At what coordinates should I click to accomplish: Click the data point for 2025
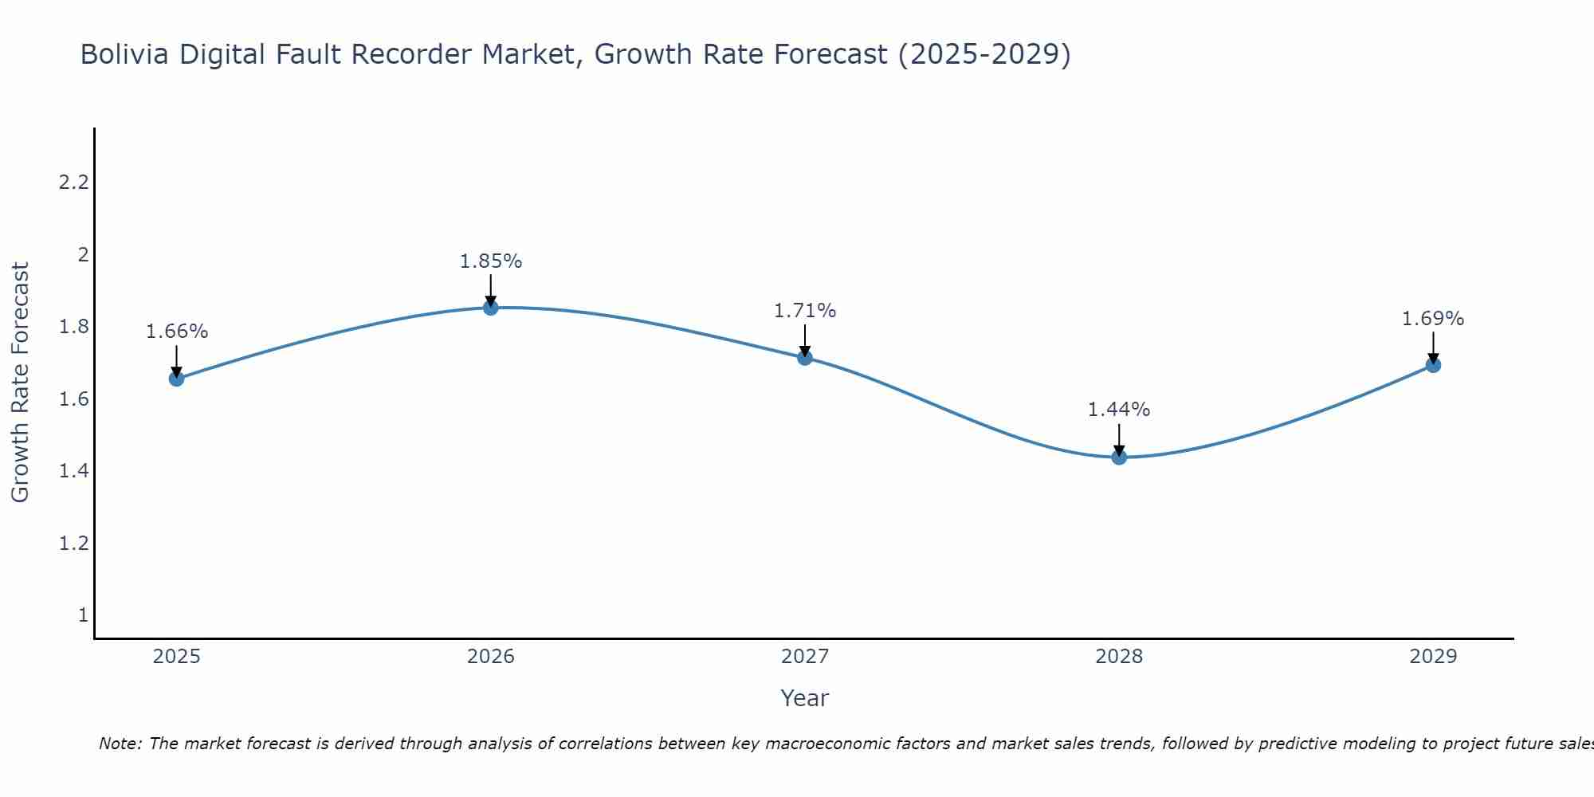(177, 379)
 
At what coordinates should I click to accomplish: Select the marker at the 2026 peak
(491, 308)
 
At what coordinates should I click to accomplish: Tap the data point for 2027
(805, 358)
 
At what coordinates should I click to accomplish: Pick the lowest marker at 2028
(1119, 457)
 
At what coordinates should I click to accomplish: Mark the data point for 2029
(1433, 365)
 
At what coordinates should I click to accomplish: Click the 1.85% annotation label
(491, 261)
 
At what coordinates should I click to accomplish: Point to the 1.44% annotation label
(1119, 410)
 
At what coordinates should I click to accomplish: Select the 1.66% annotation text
(177, 332)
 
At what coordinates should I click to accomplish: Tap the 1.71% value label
(805, 311)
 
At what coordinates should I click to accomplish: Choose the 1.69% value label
(1433, 319)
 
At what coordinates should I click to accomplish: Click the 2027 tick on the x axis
(805, 657)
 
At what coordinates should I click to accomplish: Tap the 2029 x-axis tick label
(1433, 657)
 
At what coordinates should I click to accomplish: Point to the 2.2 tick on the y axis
(73, 183)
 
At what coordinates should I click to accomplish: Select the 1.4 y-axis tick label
(73, 471)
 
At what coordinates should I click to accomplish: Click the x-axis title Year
(805, 698)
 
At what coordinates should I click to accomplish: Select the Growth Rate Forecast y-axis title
(20, 383)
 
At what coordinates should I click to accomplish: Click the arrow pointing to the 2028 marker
(1119, 440)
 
